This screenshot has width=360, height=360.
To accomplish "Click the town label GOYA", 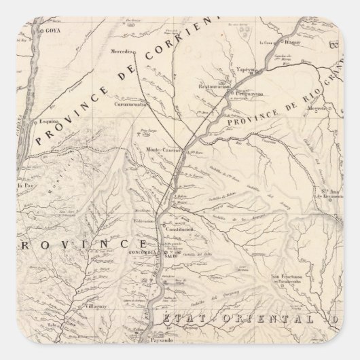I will coord(52,31).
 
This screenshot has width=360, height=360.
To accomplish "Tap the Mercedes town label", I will coord(123,51).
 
